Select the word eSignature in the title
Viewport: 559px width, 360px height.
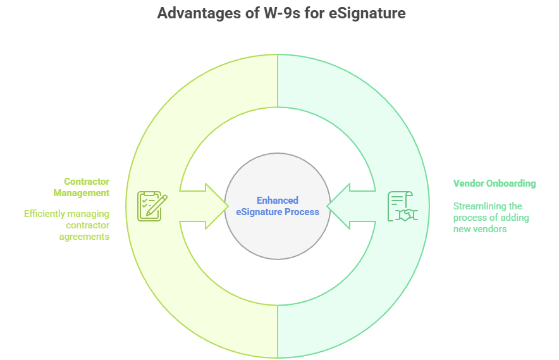pyautogui.click(x=367, y=13)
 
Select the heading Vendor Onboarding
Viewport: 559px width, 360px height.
pyautogui.click(x=494, y=183)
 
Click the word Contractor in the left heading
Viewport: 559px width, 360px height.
pyautogui.click(x=87, y=182)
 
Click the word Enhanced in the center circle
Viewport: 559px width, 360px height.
pyautogui.click(x=277, y=201)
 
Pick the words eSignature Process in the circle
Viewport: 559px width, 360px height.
pyautogui.click(x=277, y=212)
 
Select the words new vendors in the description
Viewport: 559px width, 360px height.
pyautogui.click(x=480, y=229)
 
